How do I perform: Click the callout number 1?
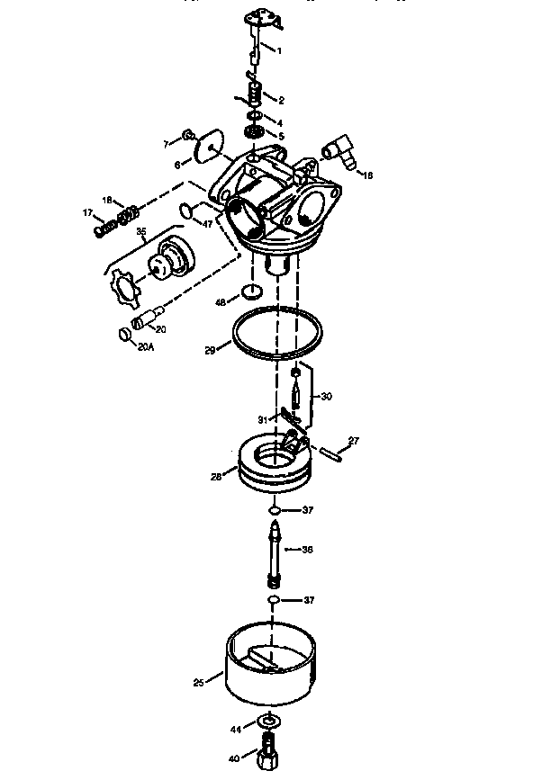click(x=278, y=50)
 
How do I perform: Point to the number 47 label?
click(x=207, y=223)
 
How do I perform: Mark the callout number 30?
click(x=326, y=396)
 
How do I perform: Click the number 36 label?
click(x=308, y=549)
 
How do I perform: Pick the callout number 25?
click(x=198, y=682)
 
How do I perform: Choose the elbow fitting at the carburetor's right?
click(x=339, y=151)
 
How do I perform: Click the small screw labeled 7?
click(x=189, y=134)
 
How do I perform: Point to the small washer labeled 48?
click(x=253, y=292)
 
